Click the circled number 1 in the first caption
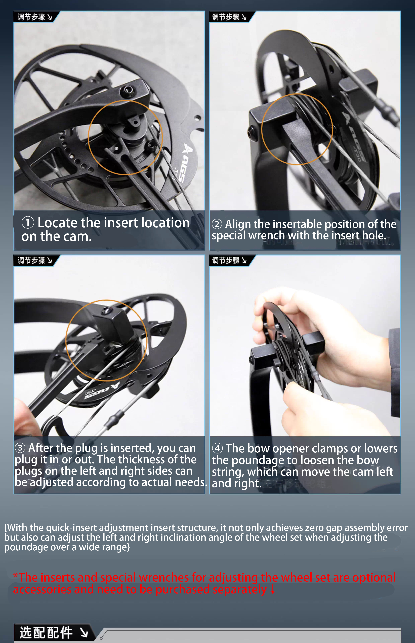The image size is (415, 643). click(x=28, y=223)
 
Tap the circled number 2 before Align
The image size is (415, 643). click(x=217, y=224)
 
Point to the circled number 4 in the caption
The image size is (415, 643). click(x=218, y=448)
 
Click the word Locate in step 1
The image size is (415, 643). click(x=58, y=223)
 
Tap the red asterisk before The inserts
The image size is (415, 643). click(x=15, y=575)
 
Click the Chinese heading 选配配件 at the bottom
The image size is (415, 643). click(x=46, y=632)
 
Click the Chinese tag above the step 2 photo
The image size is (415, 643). click(x=226, y=17)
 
